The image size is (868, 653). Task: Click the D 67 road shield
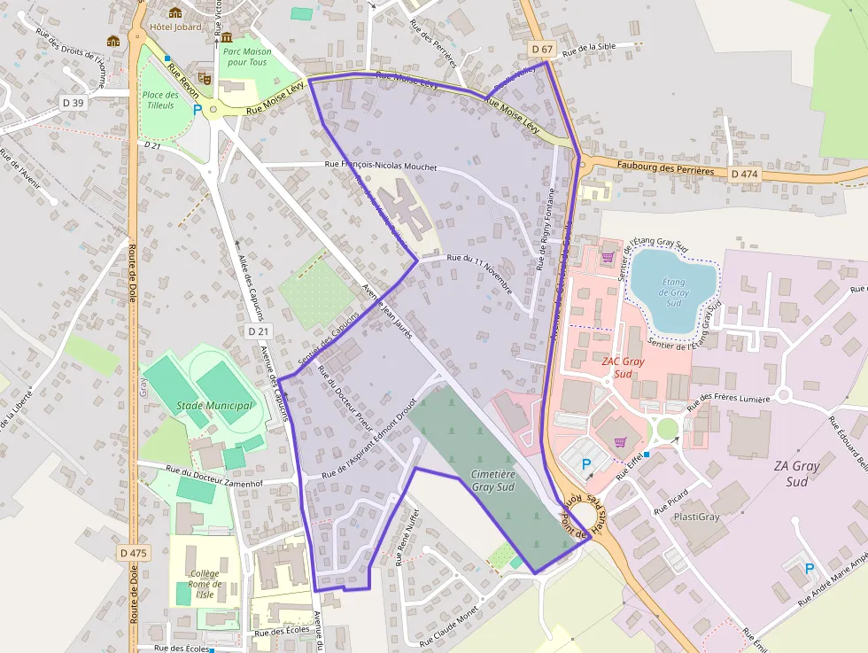pos(542,48)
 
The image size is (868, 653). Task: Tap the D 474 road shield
pos(745,175)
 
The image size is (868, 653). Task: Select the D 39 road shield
pos(74,103)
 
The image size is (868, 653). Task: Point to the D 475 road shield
pos(133,553)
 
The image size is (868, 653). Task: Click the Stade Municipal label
pos(214,406)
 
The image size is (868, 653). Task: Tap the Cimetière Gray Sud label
pos(492,481)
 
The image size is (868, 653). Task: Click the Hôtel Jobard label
pos(175,27)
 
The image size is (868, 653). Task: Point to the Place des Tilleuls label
pos(160,100)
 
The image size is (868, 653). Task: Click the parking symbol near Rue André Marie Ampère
pos(809,569)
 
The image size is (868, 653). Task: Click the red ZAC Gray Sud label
pos(623,367)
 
